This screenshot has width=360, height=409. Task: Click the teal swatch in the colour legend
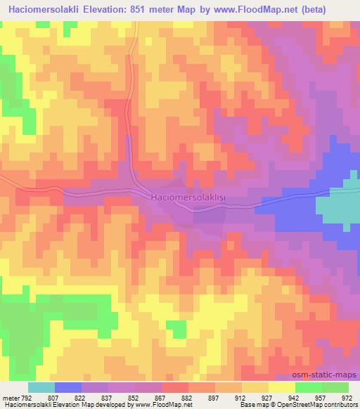tap(41, 387)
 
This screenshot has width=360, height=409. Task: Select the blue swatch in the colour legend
tap(68, 387)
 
